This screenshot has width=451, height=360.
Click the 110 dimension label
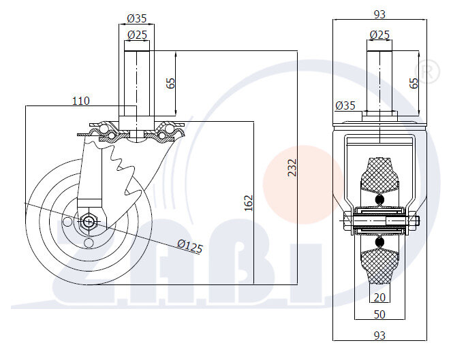tap(80, 101)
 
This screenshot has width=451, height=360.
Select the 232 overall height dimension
tap(292, 167)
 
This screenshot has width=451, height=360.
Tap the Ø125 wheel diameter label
tap(190, 246)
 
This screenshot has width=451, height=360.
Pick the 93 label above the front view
tap(379, 13)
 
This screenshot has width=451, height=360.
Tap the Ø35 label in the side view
tap(137, 19)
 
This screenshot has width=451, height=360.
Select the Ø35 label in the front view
tap(345, 105)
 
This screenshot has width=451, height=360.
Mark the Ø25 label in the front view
tap(379, 34)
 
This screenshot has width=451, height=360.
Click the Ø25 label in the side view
tap(137, 35)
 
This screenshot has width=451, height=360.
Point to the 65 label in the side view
tap(171, 83)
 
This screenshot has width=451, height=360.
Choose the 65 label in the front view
tap(414, 83)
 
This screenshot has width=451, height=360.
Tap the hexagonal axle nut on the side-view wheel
tap(89, 221)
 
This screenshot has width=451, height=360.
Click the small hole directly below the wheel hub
tap(89, 242)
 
